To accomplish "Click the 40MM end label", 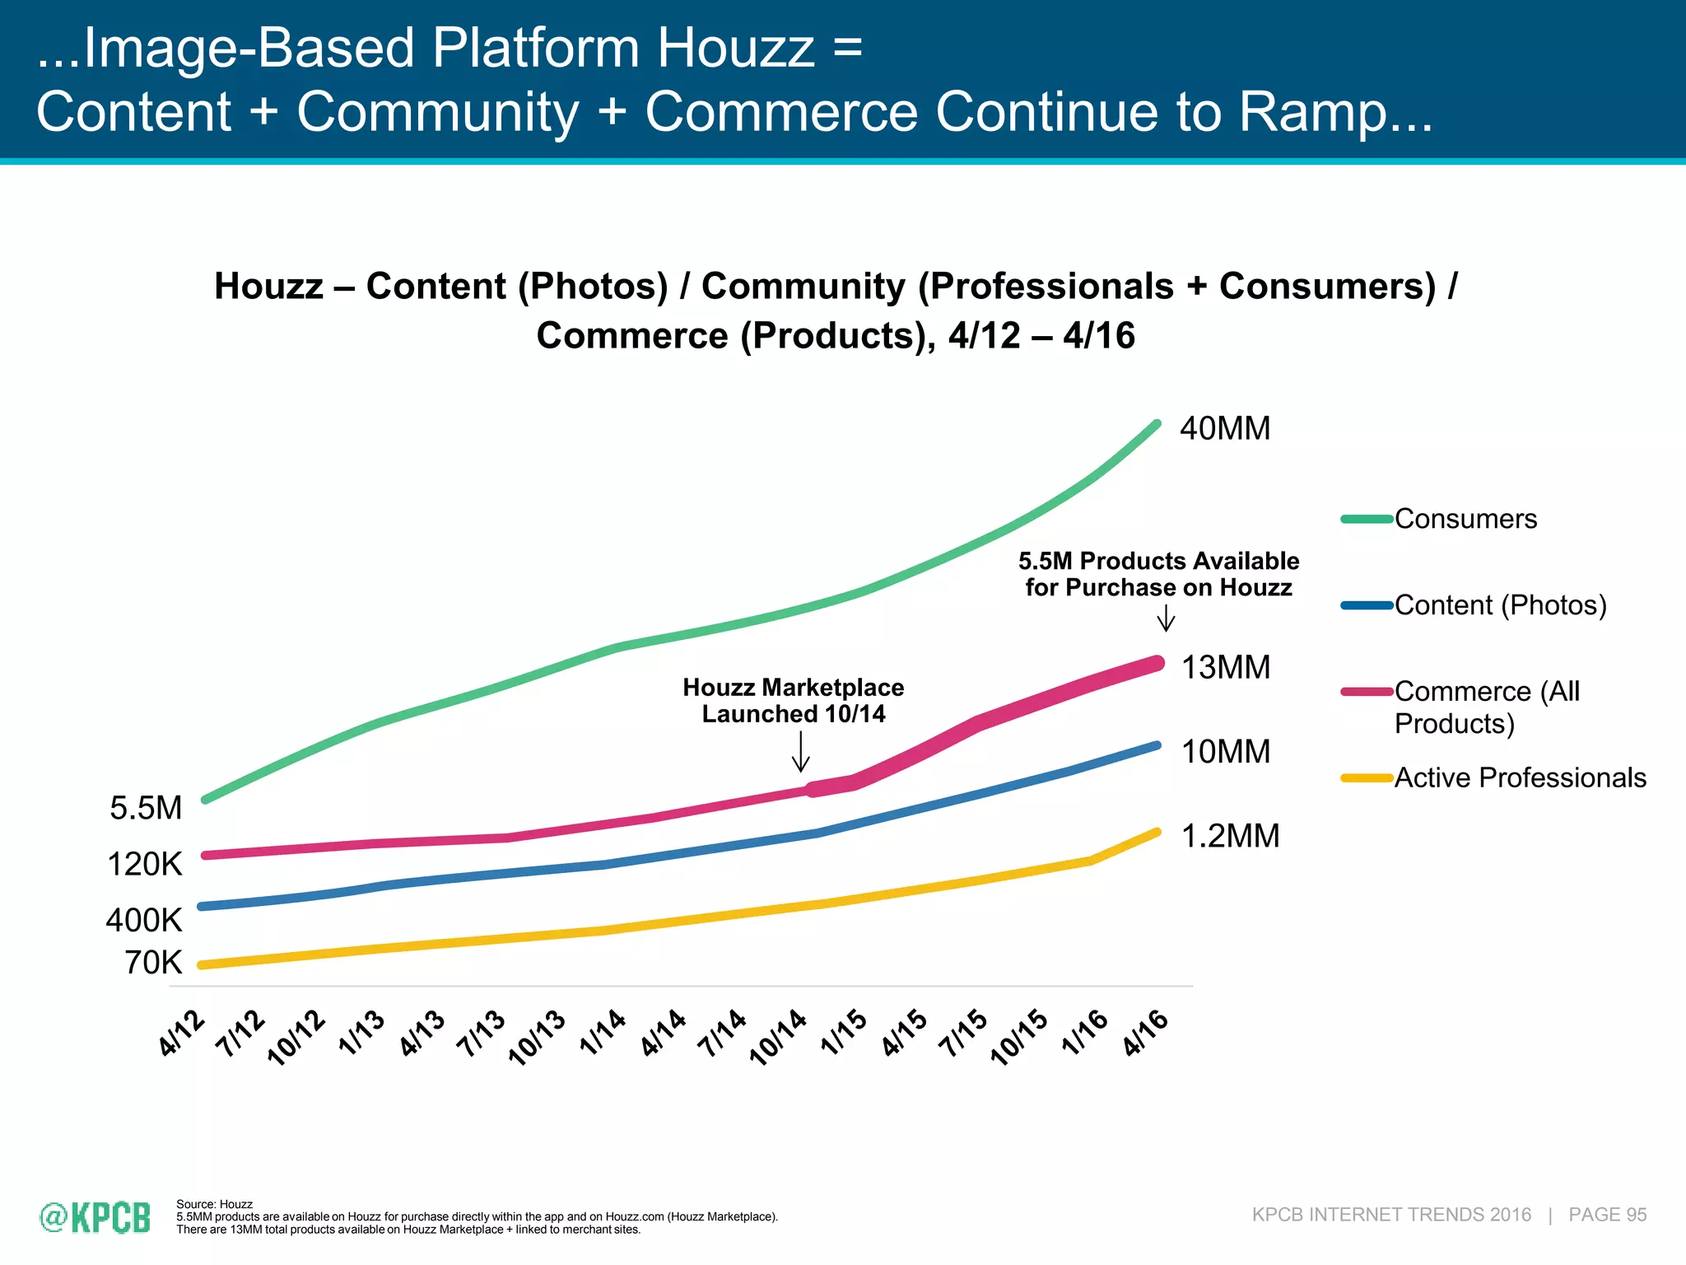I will coord(1225,428).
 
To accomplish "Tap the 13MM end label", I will coord(1226,667).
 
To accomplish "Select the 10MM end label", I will coord(1226,751).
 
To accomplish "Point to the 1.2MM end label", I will coord(1230,836).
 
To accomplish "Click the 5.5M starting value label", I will coord(146,808).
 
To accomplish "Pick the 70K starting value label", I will coord(153,962).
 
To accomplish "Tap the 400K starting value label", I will coord(144,920).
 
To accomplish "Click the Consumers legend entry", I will coord(1465,519).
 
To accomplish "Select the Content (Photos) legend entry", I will coord(1499,605).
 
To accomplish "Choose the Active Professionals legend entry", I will coord(1519,777).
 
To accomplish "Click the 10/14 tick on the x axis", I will coord(779,1038).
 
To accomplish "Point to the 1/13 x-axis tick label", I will coord(362,1034).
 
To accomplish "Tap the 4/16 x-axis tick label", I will coord(1146,1034).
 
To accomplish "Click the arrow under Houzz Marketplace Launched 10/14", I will coord(800,751).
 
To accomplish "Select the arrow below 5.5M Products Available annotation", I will coord(1166,618).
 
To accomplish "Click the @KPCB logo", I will coord(95,1217).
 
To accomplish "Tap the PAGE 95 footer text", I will coord(1607,1215).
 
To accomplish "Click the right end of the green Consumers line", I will coord(1157,425).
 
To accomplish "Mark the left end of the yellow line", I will coord(203,965).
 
